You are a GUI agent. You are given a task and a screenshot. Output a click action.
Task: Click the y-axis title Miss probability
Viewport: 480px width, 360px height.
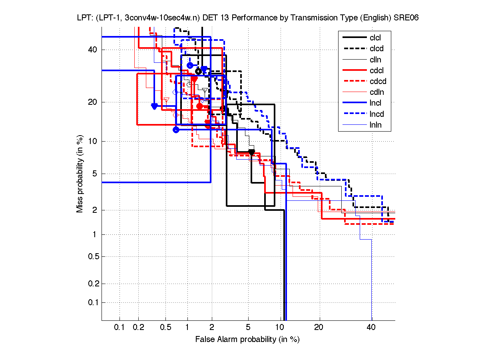(x=80, y=174)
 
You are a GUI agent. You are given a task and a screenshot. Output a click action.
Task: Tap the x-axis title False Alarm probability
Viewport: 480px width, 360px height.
(x=247, y=340)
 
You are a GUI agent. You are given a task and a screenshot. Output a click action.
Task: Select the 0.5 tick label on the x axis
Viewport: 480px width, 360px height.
(x=165, y=328)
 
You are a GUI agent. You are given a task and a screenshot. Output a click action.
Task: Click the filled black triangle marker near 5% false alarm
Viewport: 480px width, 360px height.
(x=251, y=152)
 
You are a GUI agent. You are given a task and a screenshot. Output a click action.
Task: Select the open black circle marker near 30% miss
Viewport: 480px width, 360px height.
(x=198, y=71)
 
